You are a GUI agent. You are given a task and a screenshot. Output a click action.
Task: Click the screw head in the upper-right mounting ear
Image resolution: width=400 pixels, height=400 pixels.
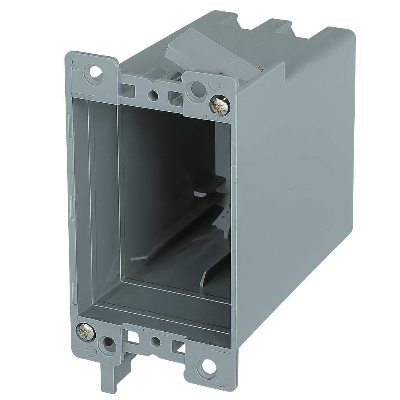(x=220, y=106)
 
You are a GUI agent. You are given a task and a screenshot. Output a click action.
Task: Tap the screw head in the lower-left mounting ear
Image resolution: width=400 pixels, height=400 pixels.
(x=86, y=332)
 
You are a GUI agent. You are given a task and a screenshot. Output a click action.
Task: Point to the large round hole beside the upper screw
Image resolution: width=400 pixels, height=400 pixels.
(x=196, y=91)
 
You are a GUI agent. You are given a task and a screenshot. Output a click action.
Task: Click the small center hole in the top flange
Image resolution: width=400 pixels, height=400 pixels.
(x=153, y=95)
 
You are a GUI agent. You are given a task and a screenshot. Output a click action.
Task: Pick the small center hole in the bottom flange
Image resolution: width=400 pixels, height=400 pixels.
(x=155, y=342)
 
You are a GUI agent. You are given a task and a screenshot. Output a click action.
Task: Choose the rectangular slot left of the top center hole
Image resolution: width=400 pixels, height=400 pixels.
(x=128, y=91)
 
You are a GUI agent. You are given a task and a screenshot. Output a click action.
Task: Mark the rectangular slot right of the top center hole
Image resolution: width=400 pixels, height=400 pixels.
(x=175, y=98)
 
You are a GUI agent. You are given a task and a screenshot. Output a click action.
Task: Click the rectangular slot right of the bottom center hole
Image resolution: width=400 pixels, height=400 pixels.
(x=179, y=347)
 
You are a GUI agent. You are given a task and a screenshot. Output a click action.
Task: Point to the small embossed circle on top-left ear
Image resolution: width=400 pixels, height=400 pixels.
(x=78, y=63)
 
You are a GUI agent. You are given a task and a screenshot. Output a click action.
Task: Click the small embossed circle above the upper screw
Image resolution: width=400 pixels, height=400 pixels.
(x=214, y=84)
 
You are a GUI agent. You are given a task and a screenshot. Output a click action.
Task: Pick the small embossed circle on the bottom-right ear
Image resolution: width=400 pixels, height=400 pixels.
(x=221, y=381)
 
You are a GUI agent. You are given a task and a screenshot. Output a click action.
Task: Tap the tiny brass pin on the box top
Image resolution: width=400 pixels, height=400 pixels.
(x=260, y=69)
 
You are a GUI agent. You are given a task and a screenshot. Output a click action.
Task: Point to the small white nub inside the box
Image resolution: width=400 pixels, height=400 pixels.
(x=199, y=193)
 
